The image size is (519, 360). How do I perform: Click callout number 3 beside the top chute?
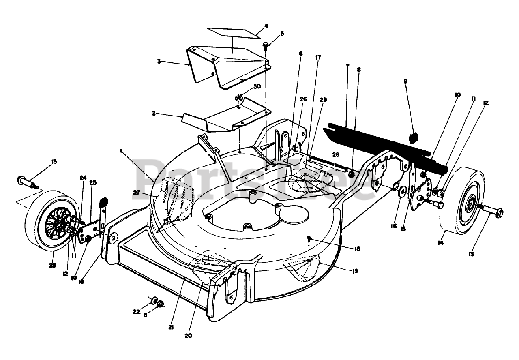click(x=159, y=61)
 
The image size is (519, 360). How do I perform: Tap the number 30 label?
click(x=257, y=87)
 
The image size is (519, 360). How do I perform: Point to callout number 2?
click(x=154, y=114)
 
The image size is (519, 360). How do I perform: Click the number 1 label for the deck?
click(x=121, y=150)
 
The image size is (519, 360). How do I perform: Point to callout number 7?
click(x=347, y=66)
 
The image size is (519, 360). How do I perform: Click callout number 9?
click(x=405, y=81)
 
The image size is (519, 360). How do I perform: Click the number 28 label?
click(x=335, y=154)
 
